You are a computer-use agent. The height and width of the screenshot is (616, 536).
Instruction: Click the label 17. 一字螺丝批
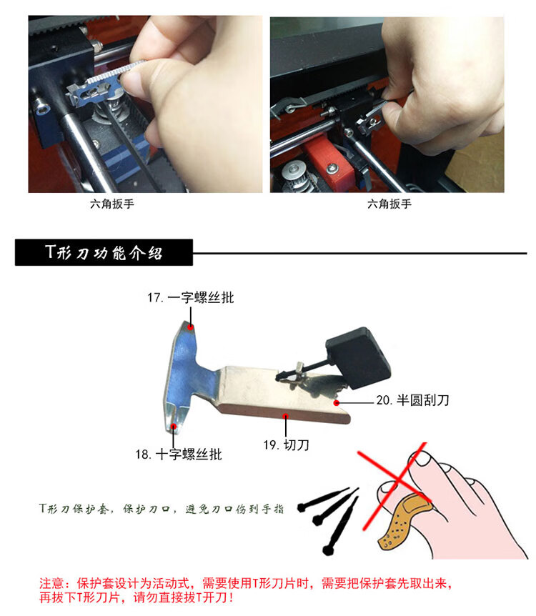191,297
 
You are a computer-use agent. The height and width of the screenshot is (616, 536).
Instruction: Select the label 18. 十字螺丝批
179,454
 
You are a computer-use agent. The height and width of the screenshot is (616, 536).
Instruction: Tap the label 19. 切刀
286,444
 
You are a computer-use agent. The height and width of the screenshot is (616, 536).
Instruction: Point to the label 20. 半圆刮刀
412,400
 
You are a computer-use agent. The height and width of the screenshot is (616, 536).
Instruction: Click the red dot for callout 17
191,327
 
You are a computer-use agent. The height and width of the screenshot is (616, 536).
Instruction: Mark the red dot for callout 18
173,426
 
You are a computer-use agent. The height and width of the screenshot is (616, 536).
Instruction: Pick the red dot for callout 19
286,416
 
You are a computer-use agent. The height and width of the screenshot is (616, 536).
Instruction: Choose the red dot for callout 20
337,402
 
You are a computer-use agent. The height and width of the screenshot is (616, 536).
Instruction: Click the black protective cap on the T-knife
358,358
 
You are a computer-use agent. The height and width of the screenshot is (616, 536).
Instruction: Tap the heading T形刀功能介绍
104,252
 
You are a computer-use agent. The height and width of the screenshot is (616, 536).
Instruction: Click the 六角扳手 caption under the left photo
112,204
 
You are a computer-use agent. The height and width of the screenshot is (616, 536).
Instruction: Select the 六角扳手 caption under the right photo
389,204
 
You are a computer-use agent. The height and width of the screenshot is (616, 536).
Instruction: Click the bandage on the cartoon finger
402,520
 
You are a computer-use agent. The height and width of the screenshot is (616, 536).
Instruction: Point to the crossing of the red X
398,480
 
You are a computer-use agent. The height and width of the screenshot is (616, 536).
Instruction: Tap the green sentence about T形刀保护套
161,509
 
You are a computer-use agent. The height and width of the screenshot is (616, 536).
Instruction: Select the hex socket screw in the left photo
41,108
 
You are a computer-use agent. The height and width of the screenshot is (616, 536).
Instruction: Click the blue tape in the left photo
126,159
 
